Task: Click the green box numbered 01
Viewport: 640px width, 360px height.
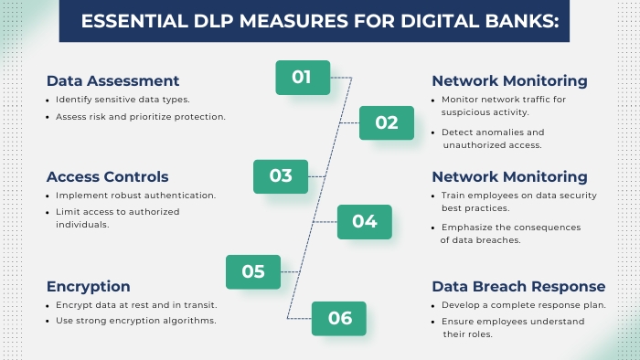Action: (x=303, y=78)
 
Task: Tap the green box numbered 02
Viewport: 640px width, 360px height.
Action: (x=387, y=122)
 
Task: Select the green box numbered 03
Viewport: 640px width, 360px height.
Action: (x=281, y=175)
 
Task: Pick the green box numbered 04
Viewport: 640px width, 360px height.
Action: (x=364, y=221)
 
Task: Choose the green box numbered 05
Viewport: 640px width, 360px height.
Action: (x=253, y=271)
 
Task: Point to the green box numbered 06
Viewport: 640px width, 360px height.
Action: (x=339, y=318)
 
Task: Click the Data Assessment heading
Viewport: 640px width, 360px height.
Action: (x=112, y=80)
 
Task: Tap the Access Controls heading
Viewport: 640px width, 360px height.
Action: (x=107, y=176)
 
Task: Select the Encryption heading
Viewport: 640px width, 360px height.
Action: (x=88, y=286)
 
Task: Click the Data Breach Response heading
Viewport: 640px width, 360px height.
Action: (x=518, y=286)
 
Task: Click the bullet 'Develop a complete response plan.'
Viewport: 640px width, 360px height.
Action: (x=524, y=304)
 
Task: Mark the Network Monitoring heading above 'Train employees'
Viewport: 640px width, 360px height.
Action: (x=509, y=176)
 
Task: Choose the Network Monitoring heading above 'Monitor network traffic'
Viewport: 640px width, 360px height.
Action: (x=509, y=80)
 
